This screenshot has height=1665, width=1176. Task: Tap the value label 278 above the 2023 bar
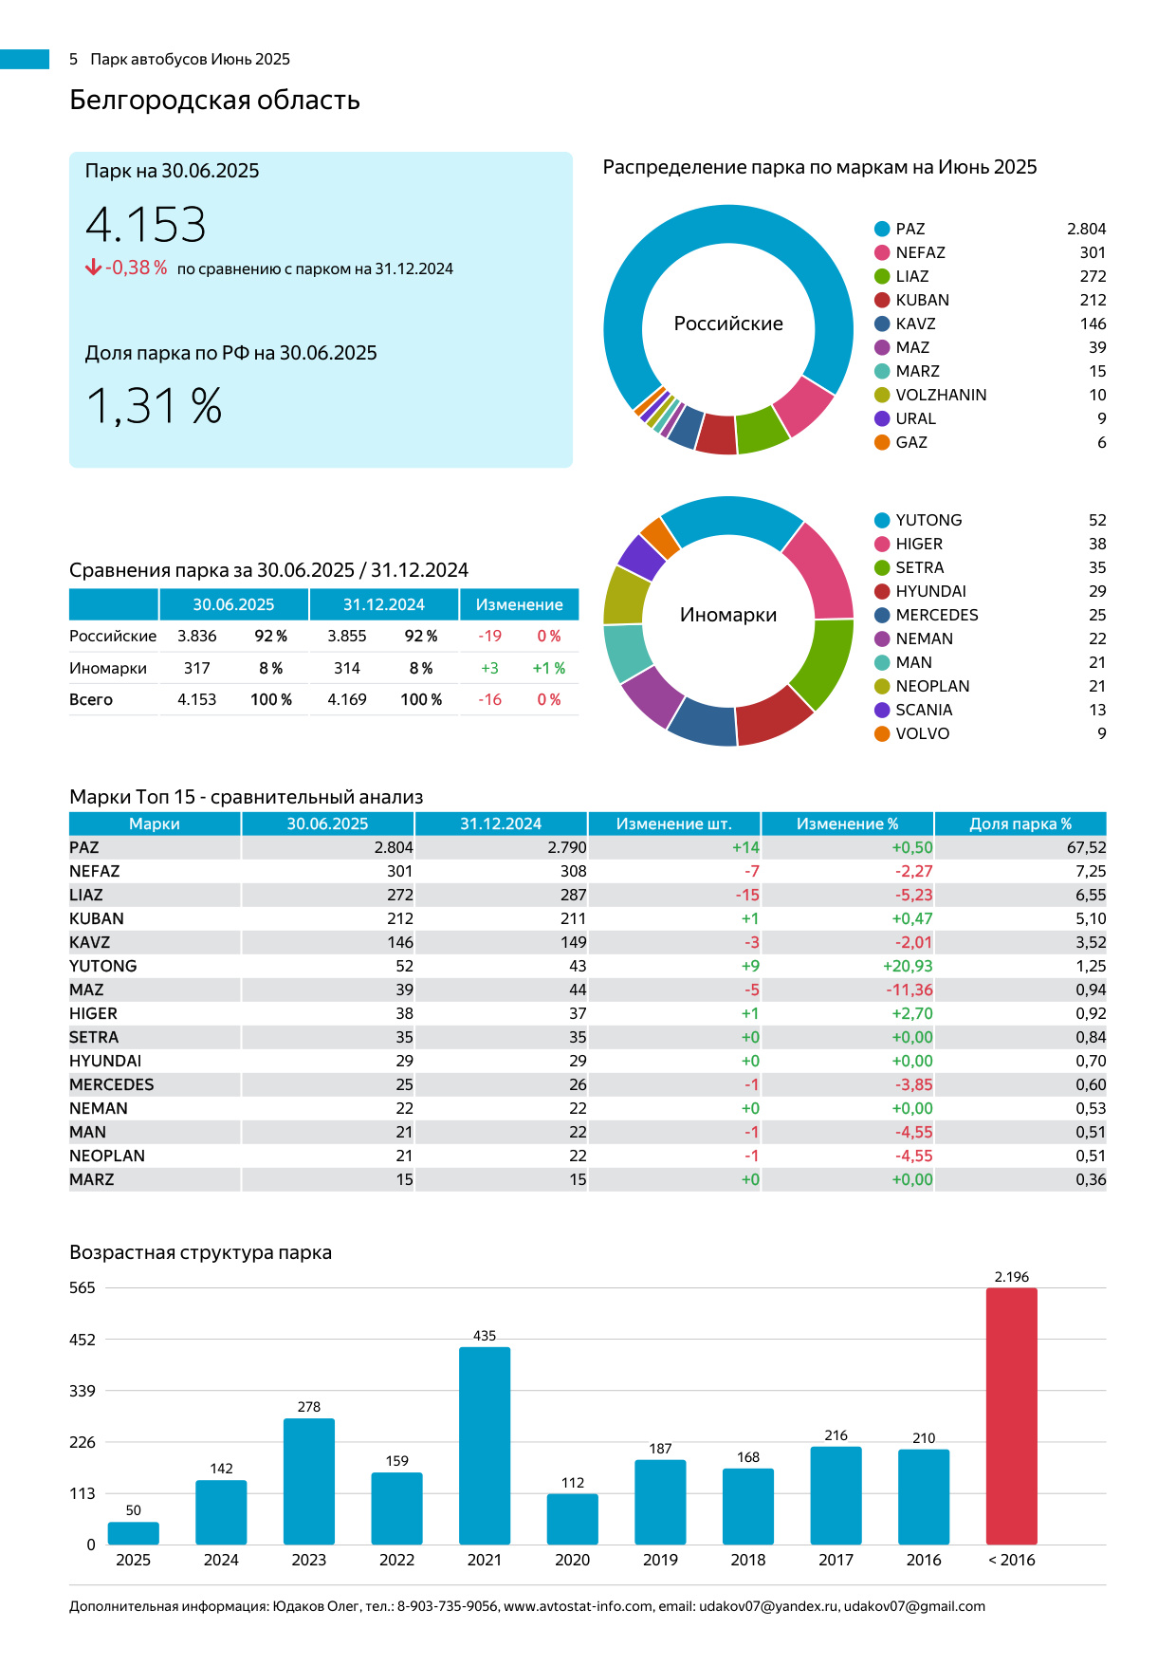[309, 1407]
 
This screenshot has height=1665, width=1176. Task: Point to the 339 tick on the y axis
[83, 1391]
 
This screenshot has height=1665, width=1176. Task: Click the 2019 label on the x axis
[660, 1560]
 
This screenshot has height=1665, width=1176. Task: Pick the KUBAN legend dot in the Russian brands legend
[882, 300]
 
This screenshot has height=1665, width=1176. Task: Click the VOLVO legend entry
[922, 733]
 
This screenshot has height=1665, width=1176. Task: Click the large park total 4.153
[146, 225]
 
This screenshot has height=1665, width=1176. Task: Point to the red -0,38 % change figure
[136, 268]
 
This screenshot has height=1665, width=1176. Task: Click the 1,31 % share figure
[155, 406]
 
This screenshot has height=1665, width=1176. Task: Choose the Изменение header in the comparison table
[519, 604]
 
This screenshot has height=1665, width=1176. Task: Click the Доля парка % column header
[1020, 823]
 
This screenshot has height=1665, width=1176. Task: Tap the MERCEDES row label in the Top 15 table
[112, 1084]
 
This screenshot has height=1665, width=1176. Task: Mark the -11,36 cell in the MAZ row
[910, 990]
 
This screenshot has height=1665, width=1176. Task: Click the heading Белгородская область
[214, 100]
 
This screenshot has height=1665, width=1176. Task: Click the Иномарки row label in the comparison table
[108, 668]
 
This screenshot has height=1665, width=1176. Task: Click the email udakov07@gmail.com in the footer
[914, 1606]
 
